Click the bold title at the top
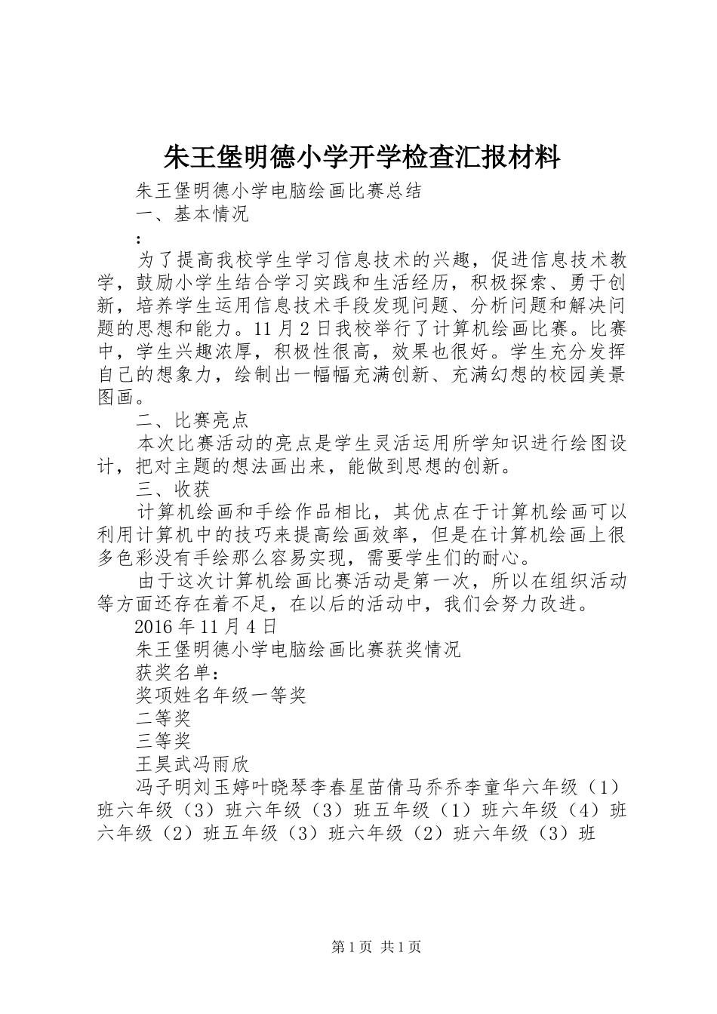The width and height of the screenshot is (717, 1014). [362, 157]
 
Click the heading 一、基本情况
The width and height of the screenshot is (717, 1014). [192, 214]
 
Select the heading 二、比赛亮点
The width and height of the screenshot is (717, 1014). [192, 420]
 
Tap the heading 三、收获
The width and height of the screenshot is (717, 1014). [173, 490]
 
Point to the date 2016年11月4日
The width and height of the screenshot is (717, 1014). [205, 625]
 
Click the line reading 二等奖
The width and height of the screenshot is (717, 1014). [163, 717]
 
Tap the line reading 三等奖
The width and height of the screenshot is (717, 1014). [163, 740]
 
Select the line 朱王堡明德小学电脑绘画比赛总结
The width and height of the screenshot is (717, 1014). [278, 192]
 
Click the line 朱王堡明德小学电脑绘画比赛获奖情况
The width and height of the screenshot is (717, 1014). [297, 649]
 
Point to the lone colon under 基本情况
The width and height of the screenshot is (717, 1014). [138, 238]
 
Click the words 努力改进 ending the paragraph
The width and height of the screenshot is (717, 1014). [543, 604]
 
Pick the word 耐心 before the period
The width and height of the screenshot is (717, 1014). [512, 558]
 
